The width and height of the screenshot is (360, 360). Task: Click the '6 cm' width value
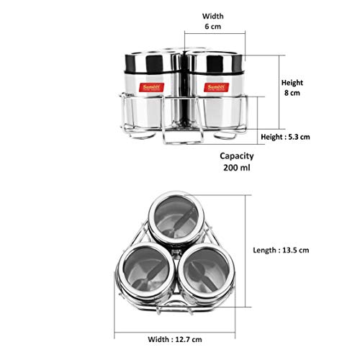213,27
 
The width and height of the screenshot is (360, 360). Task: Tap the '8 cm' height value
292,93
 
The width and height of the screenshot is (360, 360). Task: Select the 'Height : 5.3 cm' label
285,137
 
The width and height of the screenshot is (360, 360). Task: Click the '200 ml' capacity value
237,168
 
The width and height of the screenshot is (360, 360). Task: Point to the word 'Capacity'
237,156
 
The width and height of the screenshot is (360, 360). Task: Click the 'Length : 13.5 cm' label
281,251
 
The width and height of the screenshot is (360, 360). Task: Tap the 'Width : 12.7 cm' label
175,339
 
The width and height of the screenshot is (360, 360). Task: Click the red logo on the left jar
152,87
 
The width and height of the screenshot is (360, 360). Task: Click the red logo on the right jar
216,87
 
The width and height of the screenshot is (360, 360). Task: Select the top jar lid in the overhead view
176,217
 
